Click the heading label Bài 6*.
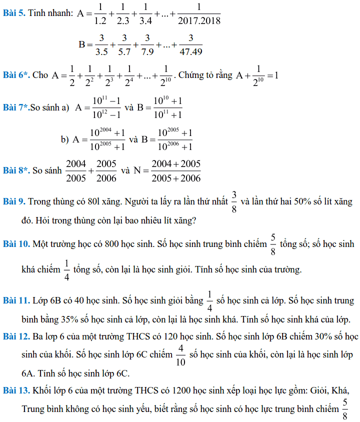16,75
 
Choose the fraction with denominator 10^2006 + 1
174,139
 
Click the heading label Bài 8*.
16,170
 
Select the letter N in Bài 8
137,170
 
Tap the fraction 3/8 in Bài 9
234,201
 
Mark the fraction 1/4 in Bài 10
67,270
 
